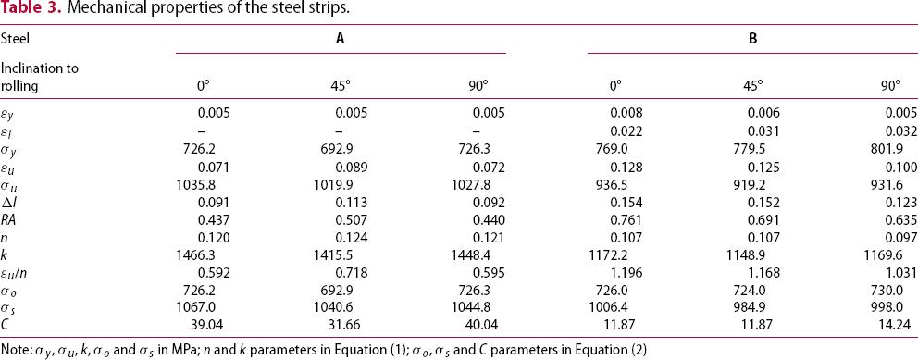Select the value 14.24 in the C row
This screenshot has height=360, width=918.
[901, 328]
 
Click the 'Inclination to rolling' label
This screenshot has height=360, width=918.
[40, 77]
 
